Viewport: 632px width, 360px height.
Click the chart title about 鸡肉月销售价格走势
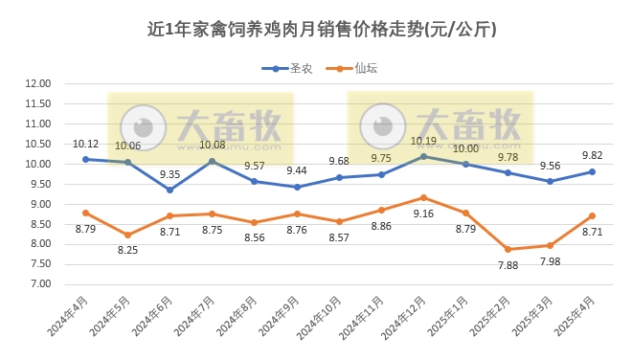(315, 30)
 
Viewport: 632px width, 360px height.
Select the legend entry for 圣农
(284, 68)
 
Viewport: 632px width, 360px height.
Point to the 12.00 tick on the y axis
(37, 83)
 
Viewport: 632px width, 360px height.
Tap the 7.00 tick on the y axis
(40, 284)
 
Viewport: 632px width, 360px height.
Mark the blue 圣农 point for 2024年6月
(169, 190)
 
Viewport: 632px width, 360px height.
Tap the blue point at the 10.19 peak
(423, 156)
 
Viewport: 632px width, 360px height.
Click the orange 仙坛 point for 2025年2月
(508, 249)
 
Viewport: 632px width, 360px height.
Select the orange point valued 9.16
(423, 197)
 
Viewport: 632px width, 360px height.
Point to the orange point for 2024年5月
(127, 235)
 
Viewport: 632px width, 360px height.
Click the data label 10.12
(86, 145)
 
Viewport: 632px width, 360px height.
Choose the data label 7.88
(508, 266)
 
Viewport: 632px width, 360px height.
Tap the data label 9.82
(592, 155)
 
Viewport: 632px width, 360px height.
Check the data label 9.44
(297, 170)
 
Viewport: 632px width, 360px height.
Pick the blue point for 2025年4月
(592, 171)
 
